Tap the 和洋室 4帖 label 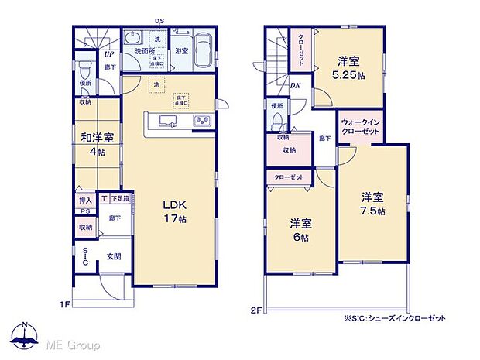click(x=98, y=144)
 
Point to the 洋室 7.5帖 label click(x=373, y=203)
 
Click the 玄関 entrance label click(x=114, y=257)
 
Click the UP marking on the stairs click(x=108, y=57)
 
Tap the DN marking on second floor click(x=296, y=86)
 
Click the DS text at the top click(x=159, y=22)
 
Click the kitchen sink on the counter click(x=168, y=121)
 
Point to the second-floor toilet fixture click(x=277, y=121)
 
